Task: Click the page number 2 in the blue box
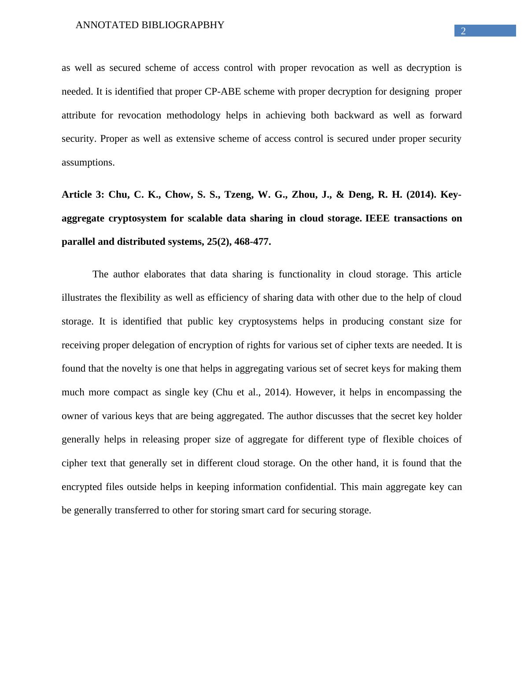coord(463,31)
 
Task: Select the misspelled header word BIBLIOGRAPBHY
coord(183,25)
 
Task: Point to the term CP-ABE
coord(223,92)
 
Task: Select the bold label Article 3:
coord(83,195)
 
